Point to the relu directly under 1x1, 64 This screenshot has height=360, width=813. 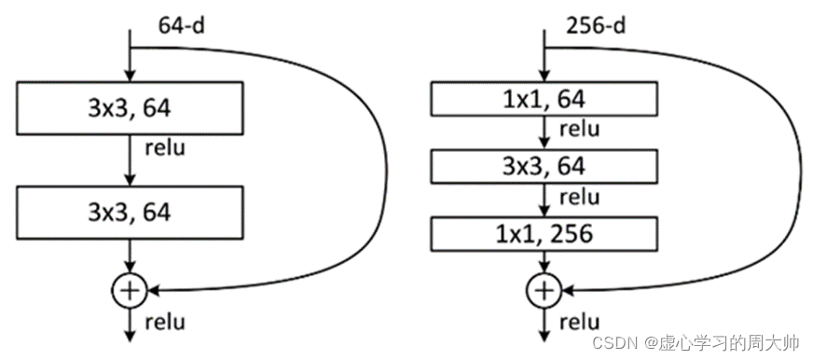pyautogui.click(x=579, y=129)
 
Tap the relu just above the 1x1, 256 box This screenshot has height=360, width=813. pyautogui.click(x=579, y=197)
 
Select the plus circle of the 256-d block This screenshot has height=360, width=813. pyautogui.click(x=544, y=290)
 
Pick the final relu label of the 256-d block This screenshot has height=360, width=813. pyautogui.click(x=579, y=322)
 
